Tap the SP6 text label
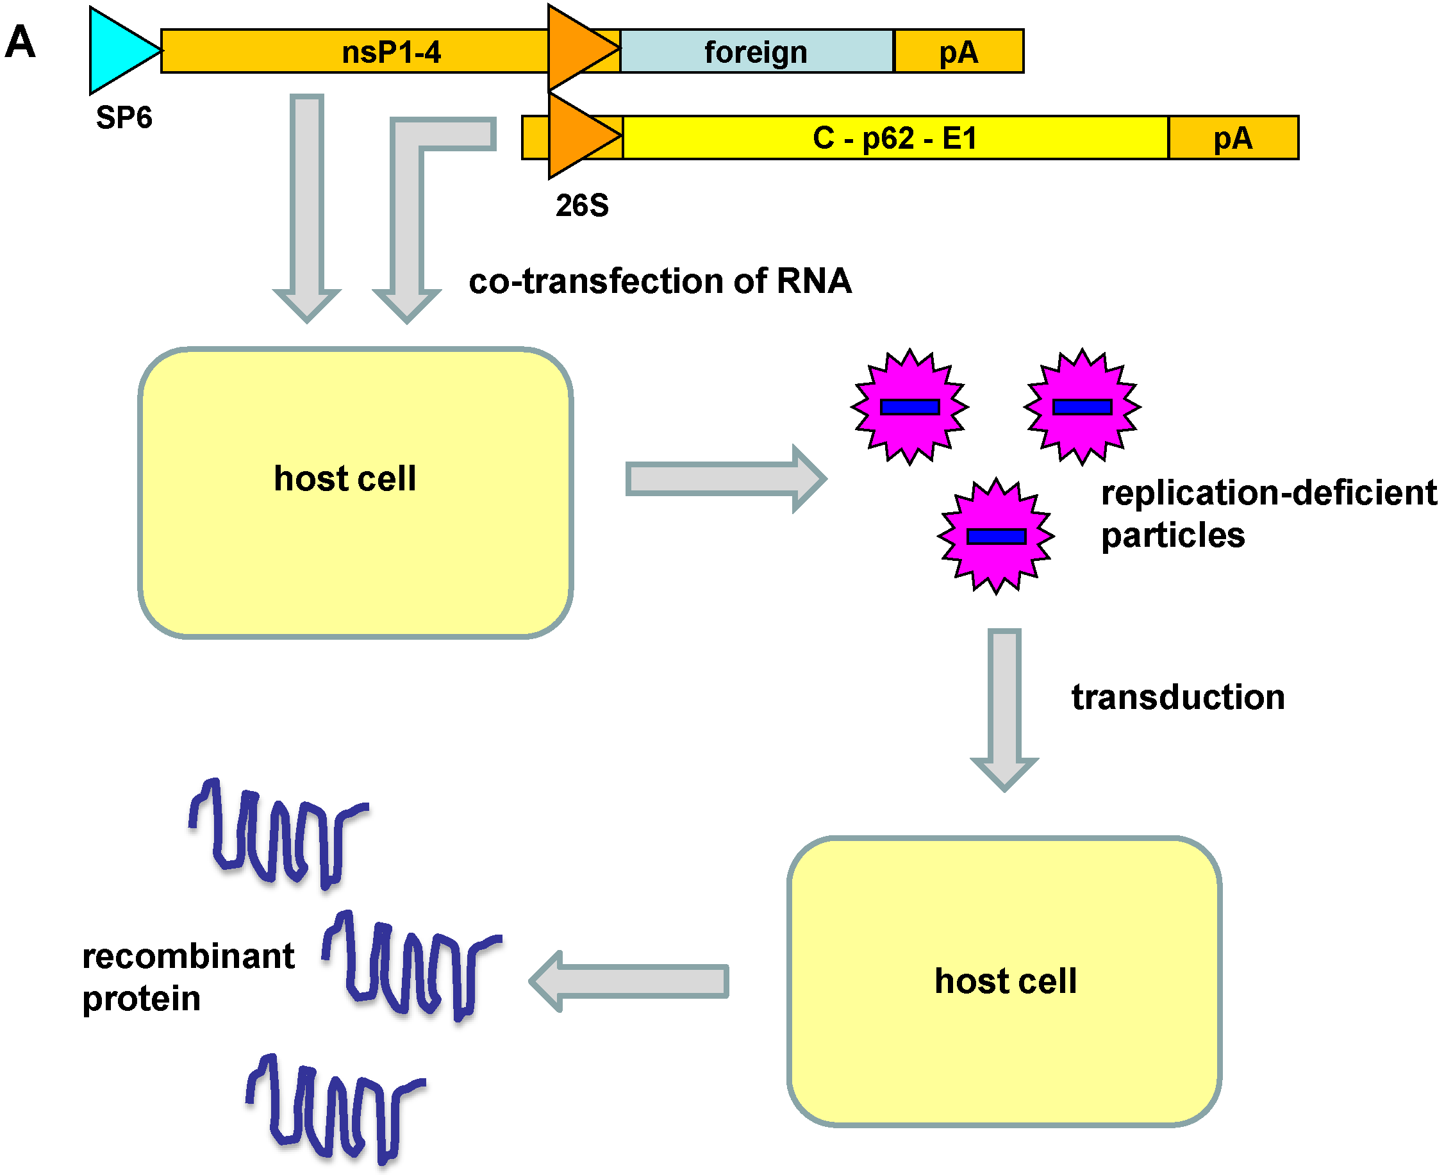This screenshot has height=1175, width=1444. coord(124,118)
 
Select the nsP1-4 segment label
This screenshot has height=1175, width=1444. coord(391,52)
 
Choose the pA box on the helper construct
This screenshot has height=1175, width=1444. coord(1232,138)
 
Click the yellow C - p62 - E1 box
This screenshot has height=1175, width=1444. coord(895,138)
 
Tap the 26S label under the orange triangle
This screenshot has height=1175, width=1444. coord(582,205)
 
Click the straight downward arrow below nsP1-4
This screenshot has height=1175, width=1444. coord(306,203)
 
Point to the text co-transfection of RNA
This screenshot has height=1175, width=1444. coord(660,281)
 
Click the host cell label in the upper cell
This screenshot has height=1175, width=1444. coord(344,479)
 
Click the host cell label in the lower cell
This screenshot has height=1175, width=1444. coord(1005,981)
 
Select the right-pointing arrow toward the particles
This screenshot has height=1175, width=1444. coord(724,479)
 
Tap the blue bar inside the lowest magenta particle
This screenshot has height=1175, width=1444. coord(996,537)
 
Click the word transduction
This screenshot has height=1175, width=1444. coord(1177,697)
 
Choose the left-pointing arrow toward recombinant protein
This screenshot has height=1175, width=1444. coord(629,981)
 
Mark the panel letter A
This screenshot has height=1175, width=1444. coord(21,42)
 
